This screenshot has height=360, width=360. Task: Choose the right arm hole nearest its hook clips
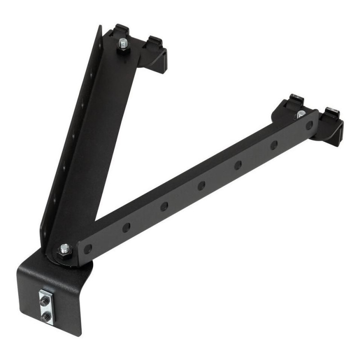[x=309, y=126]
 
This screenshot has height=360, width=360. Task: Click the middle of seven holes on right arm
[x=202, y=185]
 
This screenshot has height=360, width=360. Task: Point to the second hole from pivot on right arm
[x=126, y=227]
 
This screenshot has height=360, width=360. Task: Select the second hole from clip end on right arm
[x=274, y=145]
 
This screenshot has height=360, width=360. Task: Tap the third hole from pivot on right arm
[x=164, y=206]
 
